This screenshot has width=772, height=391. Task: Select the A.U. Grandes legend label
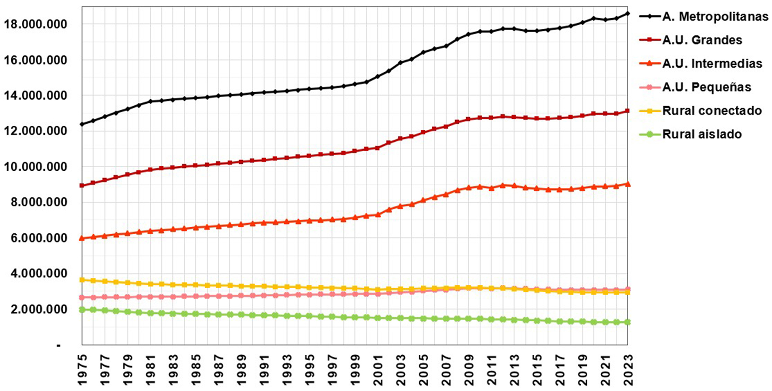tap(702, 40)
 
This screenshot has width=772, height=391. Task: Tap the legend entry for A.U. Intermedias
tap(712, 64)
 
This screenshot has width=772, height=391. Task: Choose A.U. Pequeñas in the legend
tap(706, 87)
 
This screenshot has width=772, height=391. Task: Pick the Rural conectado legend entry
tap(712, 111)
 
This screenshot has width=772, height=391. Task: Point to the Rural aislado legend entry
tap(701, 134)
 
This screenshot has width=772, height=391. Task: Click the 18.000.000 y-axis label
tap(35, 24)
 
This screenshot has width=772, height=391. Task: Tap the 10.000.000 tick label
tap(35, 167)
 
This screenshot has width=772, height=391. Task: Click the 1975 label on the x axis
tap(82, 369)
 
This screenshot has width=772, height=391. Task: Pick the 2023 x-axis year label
tap(628, 369)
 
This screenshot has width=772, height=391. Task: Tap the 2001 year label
tap(378, 369)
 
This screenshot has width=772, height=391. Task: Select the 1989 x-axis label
tap(241, 369)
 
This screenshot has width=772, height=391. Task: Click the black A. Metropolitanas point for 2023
tap(628, 13)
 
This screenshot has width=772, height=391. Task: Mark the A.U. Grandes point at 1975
tap(82, 185)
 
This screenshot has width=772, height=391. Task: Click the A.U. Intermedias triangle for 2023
tap(628, 184)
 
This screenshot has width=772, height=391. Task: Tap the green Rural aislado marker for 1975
tap(82, 310)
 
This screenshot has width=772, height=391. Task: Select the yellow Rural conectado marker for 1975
tap(82, 280)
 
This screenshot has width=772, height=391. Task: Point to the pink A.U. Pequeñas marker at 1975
tap(82, 297)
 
